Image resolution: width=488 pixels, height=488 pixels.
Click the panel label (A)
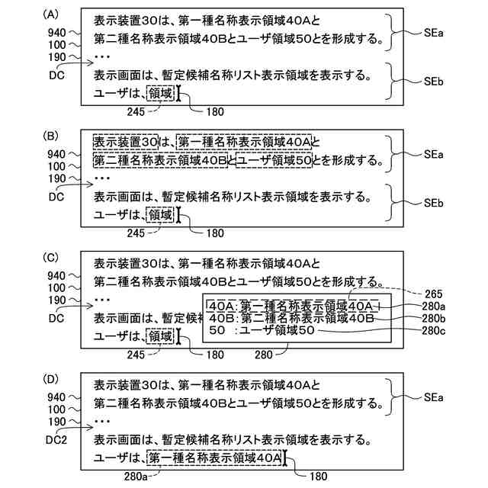click(52, 15)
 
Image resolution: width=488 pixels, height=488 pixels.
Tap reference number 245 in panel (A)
click(136, 112)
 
